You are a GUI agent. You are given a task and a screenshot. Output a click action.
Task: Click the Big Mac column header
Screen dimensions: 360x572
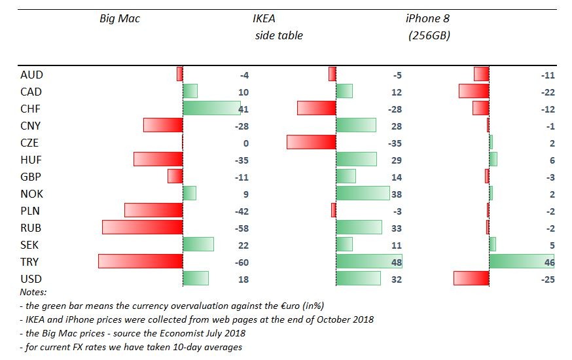pyautogui.click(x=120, y=19)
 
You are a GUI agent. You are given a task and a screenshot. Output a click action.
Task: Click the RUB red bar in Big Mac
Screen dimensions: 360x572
pyautogui.click(x=142, y=227)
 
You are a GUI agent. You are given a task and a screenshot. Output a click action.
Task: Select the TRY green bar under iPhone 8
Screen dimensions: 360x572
pyautogui.click(x=521, y=262)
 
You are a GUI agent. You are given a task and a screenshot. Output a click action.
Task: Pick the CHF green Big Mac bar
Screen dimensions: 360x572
pyautogui.click(x=211, y=109)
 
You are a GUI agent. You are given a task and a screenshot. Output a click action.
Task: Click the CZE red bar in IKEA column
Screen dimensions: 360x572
pyautogui.click(x=311, y=143)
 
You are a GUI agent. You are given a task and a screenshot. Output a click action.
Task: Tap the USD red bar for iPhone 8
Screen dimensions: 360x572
pyautogui.click(x=471, y=279)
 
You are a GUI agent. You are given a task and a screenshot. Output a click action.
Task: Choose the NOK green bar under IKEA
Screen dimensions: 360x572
pyautogui.click(x=363, y=193)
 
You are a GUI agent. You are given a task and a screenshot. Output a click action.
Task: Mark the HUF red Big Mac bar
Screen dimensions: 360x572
pyautogui.click(x=158, y=160)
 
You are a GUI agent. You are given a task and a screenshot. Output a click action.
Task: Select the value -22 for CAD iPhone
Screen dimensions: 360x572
pyautogui.click(x=548, y=92)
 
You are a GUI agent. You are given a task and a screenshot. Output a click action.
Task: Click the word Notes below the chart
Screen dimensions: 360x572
pyautogui.click(x=33, y=292)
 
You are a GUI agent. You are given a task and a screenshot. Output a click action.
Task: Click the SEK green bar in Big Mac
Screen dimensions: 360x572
pyautogui.click(x=198, y=244)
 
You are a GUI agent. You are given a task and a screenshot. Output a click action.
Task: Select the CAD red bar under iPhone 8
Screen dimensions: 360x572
pyautogui.click(x=474, y=91)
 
